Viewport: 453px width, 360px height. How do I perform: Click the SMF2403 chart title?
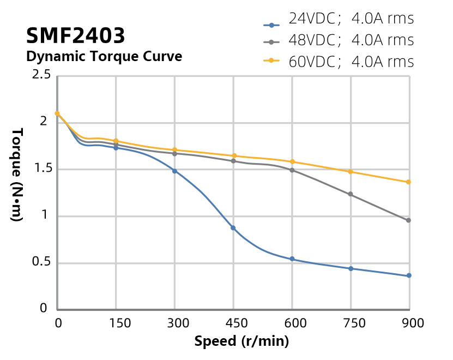click(75, 36)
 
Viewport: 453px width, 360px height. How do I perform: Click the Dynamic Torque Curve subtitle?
click(104, 56)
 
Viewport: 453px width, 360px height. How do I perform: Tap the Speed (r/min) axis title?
click(241, 342)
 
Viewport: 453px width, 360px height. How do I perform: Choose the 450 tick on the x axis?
click(233, 323)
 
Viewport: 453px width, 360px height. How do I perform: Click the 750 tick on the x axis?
click(351, 323)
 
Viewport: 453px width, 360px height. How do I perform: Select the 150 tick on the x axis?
click(116, 323)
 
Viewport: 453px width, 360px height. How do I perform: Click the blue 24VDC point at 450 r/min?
click(233, 228)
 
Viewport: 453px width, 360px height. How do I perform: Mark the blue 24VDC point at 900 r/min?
click(408, 275)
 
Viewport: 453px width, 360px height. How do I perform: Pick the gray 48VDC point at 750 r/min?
click(351, 194)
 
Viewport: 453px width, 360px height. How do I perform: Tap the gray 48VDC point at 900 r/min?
click(408, 220)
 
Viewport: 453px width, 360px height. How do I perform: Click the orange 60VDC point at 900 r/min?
click(408, 182)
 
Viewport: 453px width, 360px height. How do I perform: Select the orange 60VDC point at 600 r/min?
click(292, 161)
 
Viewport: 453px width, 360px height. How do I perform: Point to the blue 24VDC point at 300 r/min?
click(174, 171)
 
